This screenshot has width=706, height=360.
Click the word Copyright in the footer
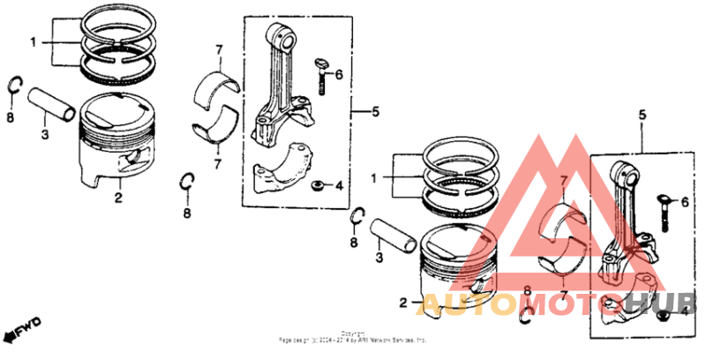coord(352,334)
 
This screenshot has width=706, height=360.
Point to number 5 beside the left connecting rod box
coord(374,112)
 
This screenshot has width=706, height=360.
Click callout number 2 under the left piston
coord(117,198)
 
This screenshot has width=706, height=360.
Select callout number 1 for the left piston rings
coord(34,42)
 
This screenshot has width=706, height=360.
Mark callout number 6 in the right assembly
coord(685,202)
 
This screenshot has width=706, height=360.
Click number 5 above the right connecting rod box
coord(642,115)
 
